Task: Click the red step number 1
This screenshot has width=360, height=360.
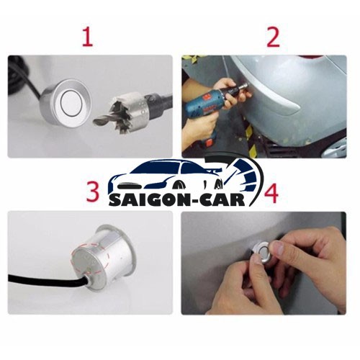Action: point(88,37)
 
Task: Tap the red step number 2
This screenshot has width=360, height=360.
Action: point(273,37)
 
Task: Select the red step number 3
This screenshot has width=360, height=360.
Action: point(93,192)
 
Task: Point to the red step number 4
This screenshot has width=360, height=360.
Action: point(271,194)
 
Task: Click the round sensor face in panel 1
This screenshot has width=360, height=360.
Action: point(71,103)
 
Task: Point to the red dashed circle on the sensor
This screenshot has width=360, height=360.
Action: point(91,258)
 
